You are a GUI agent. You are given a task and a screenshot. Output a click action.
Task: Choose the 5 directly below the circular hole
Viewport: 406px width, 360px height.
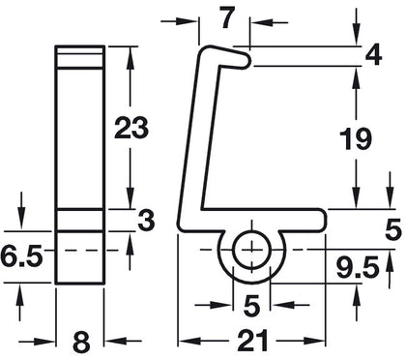(250, 307)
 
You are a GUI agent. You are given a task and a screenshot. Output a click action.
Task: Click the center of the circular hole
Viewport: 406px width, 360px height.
(250, 249)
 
